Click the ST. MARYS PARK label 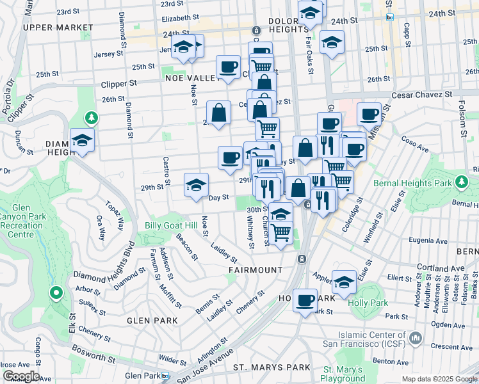pos(271,367)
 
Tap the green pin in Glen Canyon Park pos(56,293)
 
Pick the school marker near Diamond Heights pos(83,140)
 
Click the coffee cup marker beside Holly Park pos(305,299)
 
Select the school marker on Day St pos(196,185)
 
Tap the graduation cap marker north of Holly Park pos(345,281)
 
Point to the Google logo pos(20,376)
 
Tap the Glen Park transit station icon pos(166,376)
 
